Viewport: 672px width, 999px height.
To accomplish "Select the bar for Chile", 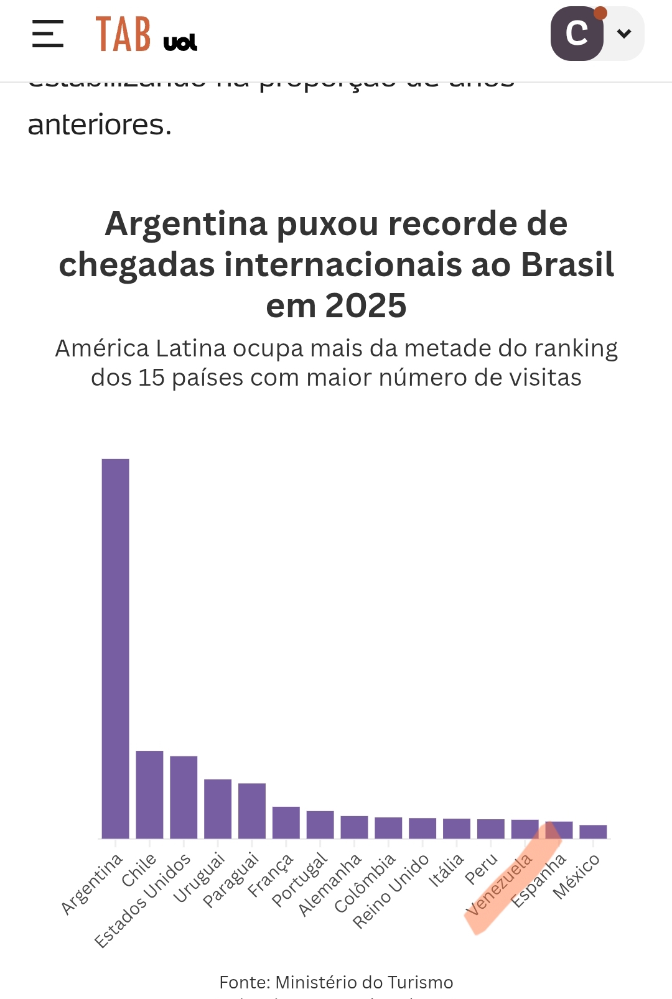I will (x=149, y=794).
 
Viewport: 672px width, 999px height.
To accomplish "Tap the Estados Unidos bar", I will (x=184, y=797).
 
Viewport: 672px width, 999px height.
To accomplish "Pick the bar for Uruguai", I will (x=218, y=809).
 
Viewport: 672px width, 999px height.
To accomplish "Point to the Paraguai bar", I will (x=252, y=811).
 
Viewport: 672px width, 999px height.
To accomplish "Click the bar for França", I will (x=286, y=822).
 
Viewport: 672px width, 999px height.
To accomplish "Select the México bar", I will (x=593, y=832).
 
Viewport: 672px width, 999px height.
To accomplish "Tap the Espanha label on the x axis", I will (x=539, y=880).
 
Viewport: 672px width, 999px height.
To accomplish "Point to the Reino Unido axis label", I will (x=391, y=891).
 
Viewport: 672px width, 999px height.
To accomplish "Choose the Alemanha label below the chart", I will (x=330, y=885).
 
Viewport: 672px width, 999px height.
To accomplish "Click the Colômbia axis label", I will (x=365, y=883).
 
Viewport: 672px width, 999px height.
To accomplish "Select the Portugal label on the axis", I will (x=300, y=880).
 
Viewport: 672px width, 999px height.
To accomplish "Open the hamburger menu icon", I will (x=48, y=34).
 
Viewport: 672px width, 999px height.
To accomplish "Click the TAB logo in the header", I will (x=123, y=34).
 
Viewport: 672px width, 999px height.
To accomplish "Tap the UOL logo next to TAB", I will (x=180, y=42).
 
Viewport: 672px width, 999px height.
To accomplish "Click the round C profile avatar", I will (x=577, y=34).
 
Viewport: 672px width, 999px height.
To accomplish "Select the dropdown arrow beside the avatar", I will (x=624, y=34).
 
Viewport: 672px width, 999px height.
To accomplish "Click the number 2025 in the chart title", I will (x=365, y=305).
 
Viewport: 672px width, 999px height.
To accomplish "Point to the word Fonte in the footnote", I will (x=245, y=982).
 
